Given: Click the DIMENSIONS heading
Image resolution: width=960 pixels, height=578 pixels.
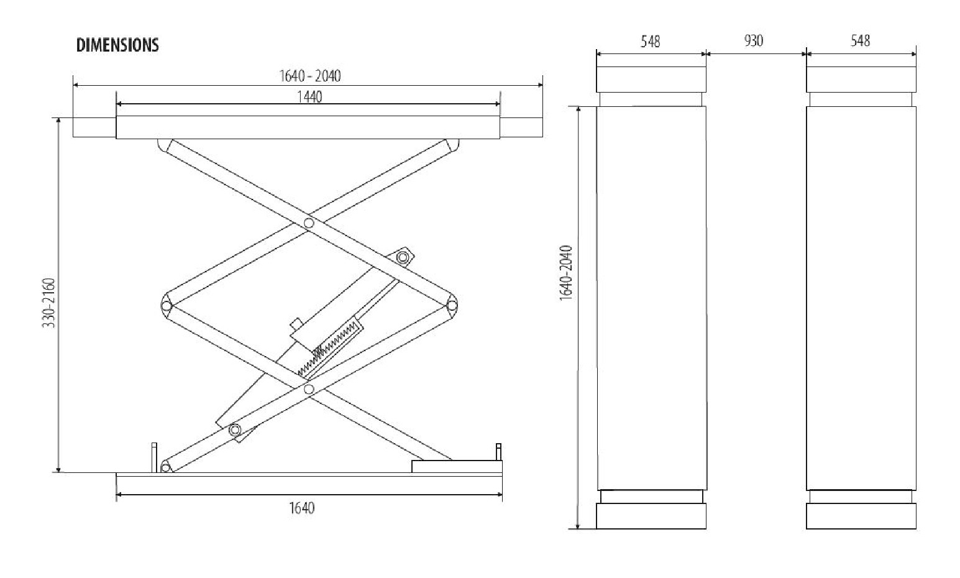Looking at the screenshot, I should (117, 45).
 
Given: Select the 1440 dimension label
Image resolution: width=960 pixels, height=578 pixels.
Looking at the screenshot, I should (309, 97).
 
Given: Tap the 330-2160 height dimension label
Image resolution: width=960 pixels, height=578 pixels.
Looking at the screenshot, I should (49, 303).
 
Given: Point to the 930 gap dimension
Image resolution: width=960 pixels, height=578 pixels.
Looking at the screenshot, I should (753, 41).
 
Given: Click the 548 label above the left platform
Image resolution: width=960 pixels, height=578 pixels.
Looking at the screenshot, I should (650, 42).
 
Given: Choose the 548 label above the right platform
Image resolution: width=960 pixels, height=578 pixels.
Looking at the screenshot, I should (860, 41).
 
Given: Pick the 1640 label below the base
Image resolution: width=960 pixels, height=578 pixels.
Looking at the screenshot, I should (301, 508).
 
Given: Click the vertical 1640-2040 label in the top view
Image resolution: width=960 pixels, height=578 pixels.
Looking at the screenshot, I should (565, 273).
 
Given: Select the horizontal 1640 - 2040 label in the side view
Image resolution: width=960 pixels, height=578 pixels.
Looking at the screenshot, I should (309, 76).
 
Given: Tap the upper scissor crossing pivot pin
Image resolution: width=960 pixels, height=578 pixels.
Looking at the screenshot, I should (309, 222).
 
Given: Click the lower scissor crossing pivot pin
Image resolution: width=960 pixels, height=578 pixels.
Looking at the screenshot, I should (309, 389).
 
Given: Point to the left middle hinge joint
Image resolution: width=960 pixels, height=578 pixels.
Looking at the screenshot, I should (166, 305).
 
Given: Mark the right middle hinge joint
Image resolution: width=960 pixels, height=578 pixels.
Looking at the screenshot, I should (452, 305).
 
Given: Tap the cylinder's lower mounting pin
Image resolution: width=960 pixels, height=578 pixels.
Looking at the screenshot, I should (234, 429).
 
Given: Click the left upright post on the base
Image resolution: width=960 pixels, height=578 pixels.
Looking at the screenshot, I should (154, 457).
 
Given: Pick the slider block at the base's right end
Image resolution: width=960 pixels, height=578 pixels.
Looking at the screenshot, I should (455, 466).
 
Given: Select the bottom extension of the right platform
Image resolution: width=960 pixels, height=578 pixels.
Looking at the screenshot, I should (861, 516).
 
